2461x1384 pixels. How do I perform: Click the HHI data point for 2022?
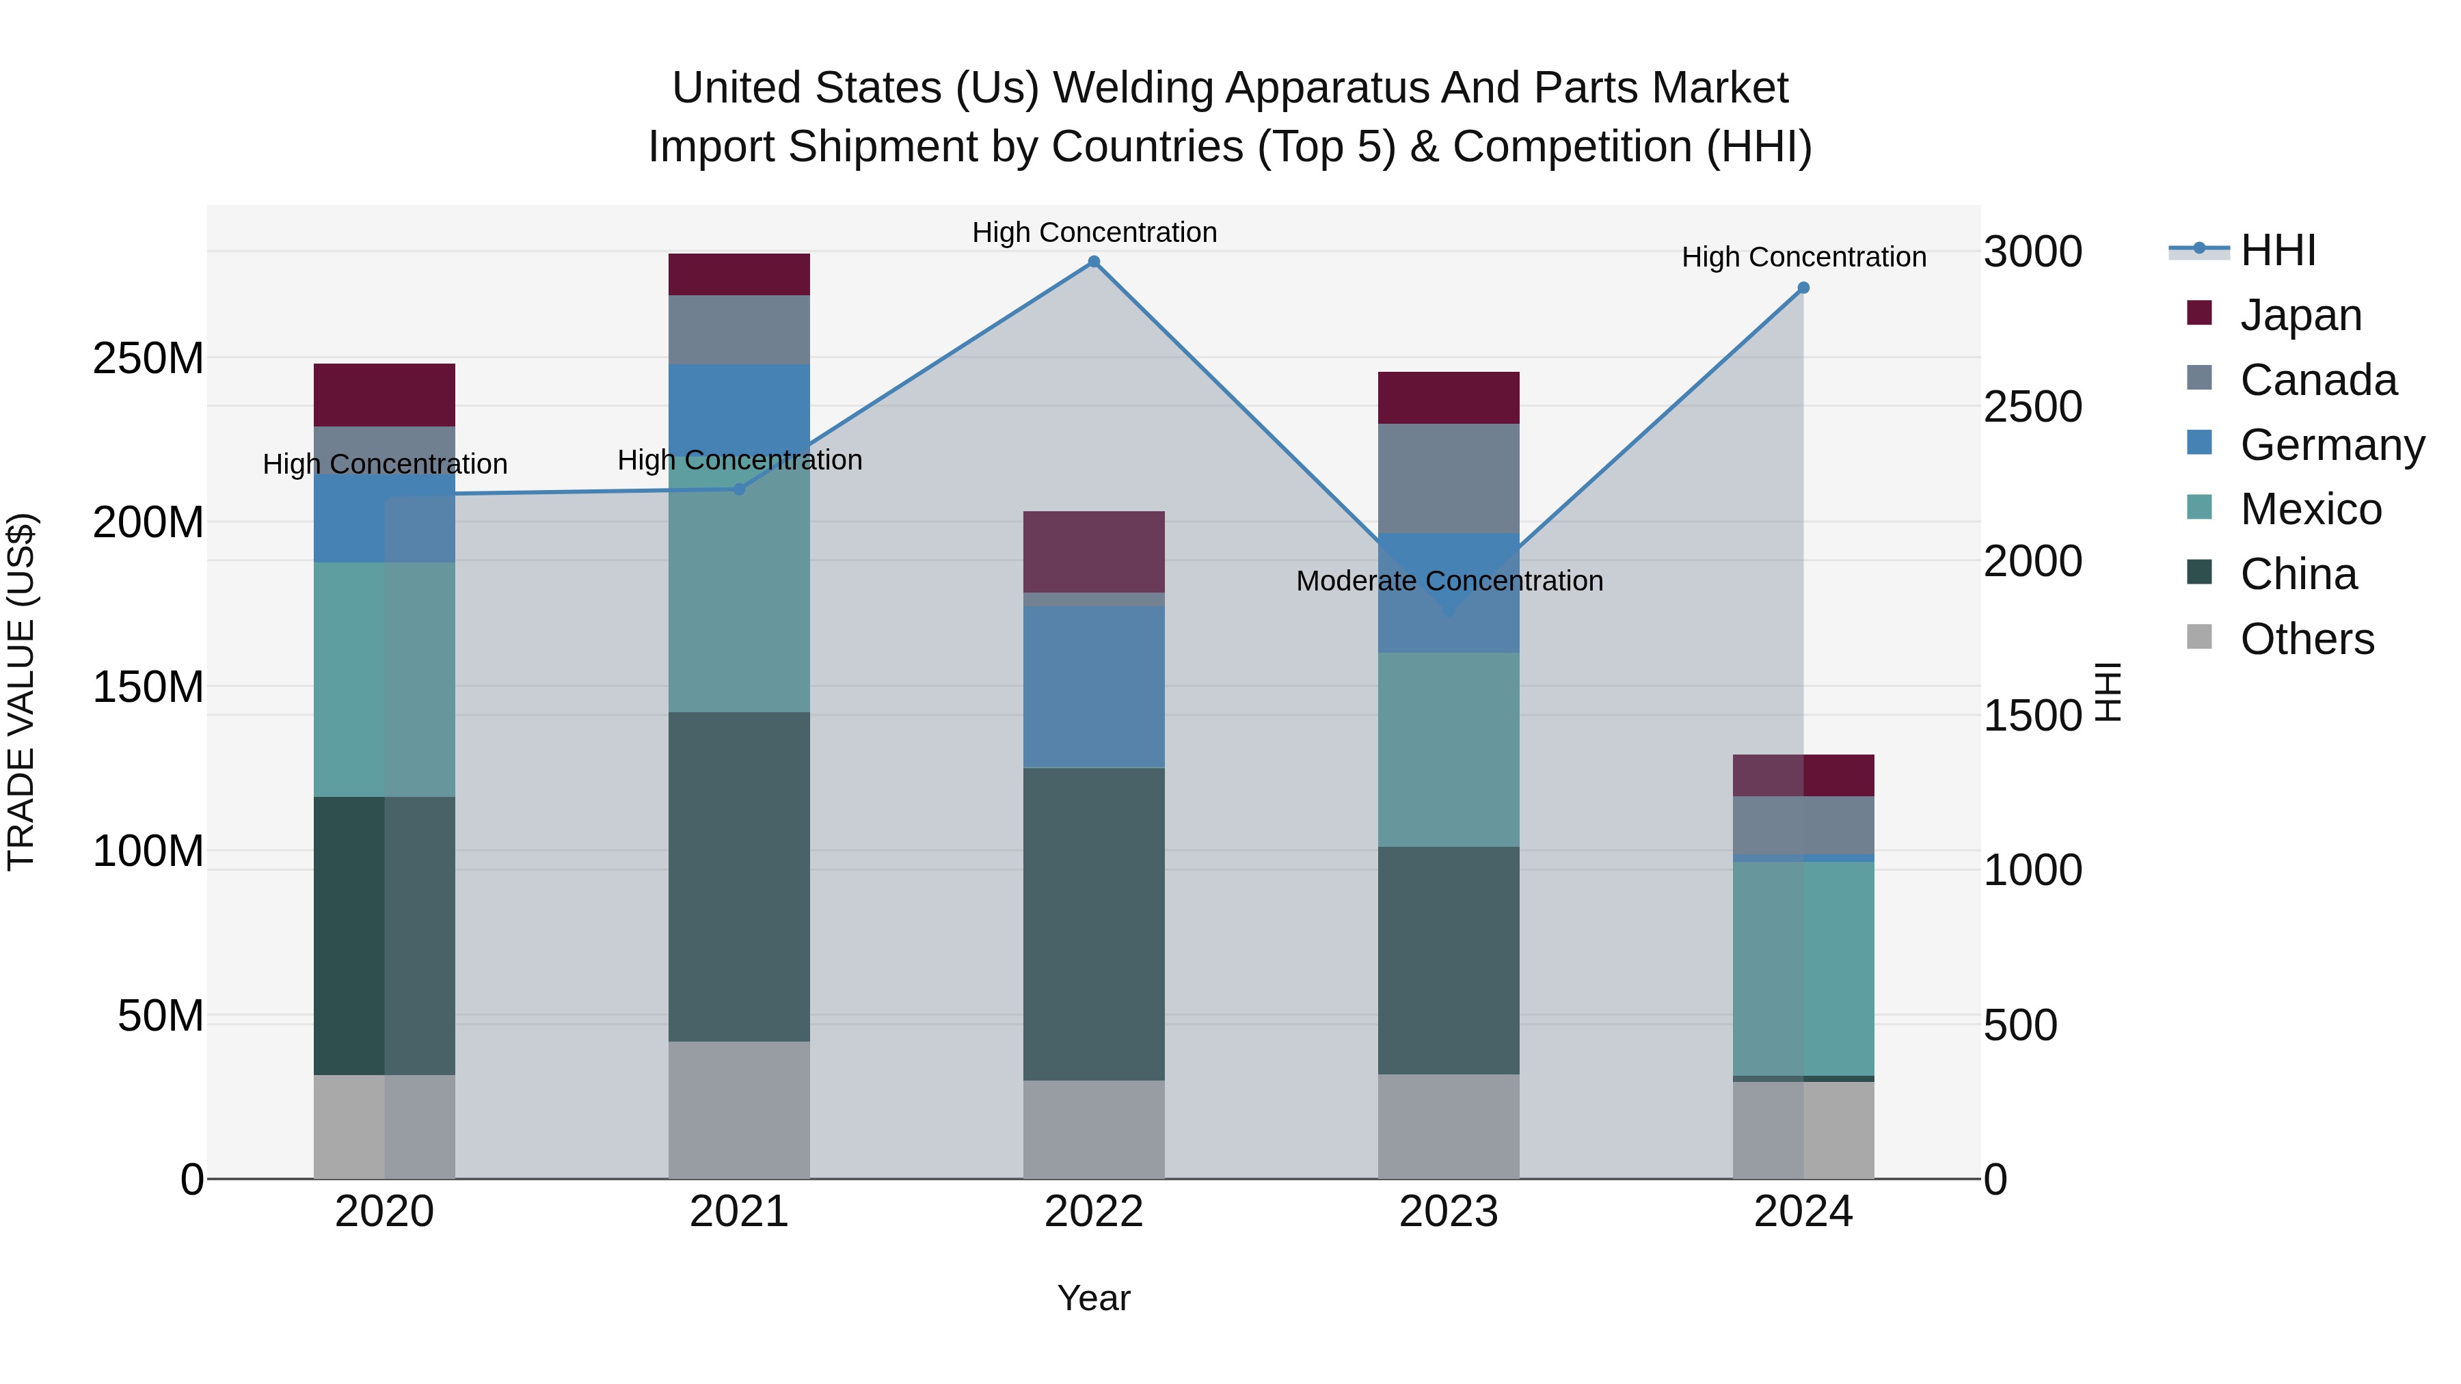tap(1094, 262)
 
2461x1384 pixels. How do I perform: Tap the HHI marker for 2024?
tap(1803, 288)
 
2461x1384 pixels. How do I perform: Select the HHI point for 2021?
tap(738, 489)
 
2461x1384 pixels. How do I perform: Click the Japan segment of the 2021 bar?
tap(738, 274)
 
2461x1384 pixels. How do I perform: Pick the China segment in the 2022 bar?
tap(1094, 923)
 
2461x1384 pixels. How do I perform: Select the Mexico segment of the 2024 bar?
tap(1803, 968)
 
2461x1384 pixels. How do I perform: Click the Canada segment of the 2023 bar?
tap(1449, 478)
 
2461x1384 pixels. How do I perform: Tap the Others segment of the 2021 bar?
tap(738, 1109)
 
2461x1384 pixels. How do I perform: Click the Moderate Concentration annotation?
tap(1449, 581)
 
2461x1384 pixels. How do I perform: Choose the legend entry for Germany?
tap(2331, 445)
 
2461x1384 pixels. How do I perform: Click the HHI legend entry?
tap(2278, 250)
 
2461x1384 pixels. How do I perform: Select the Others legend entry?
tap(2307, 639)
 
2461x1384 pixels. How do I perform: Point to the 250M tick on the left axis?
tap(148, 359)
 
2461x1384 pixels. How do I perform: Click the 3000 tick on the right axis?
tap(2033, 252)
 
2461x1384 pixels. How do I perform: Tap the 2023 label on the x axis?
tap(1449, 1212)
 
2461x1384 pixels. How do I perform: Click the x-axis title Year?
tap(1094, 1298)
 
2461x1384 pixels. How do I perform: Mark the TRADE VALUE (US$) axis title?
tap(21, 692)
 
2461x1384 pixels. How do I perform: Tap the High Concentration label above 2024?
tap(1803, 257)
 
